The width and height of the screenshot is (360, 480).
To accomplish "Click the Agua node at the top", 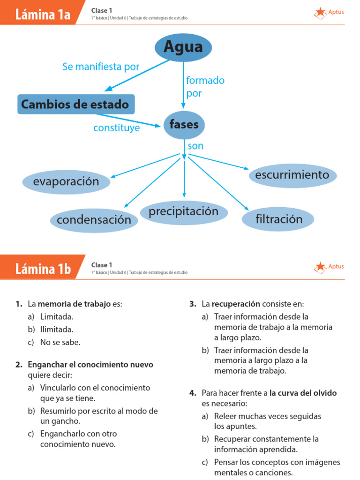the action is click(183, 47).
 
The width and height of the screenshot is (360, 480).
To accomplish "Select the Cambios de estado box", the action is click(76, 104).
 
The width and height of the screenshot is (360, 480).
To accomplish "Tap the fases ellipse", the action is click(184, 125).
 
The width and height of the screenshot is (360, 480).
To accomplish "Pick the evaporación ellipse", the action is click(66, 181).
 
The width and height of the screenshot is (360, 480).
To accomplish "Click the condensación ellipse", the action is click(94, 220).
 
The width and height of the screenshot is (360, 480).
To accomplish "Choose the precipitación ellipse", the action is click(184, 212).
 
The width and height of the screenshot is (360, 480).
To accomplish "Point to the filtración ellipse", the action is click(278, 219).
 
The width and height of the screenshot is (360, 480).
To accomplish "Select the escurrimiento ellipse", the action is click(292, 175).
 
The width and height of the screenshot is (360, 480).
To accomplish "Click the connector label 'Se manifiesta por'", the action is click(101, 67).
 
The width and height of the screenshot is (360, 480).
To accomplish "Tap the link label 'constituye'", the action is click(116, 127).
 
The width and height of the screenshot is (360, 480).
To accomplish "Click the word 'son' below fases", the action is click(195, 146).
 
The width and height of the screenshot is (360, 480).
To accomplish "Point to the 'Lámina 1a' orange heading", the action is click(43, 15).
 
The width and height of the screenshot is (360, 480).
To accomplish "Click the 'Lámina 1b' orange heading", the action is click(43, 269).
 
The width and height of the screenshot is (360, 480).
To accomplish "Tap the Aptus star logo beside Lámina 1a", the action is click(321, 13).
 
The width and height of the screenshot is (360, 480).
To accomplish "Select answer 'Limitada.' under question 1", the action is click(57, 316).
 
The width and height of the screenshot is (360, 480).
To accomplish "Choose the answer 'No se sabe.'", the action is click(60, 342).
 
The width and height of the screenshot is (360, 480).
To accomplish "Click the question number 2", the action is click(19, 364).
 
